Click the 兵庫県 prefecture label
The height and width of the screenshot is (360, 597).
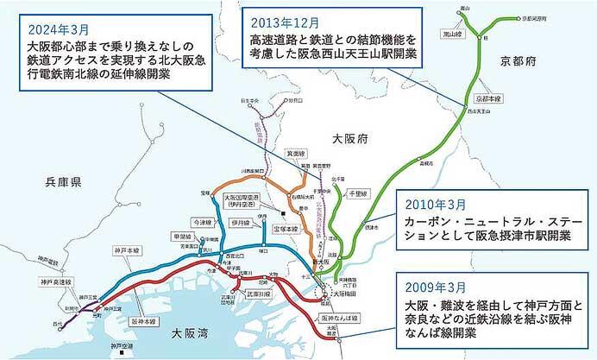click(64, 182)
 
